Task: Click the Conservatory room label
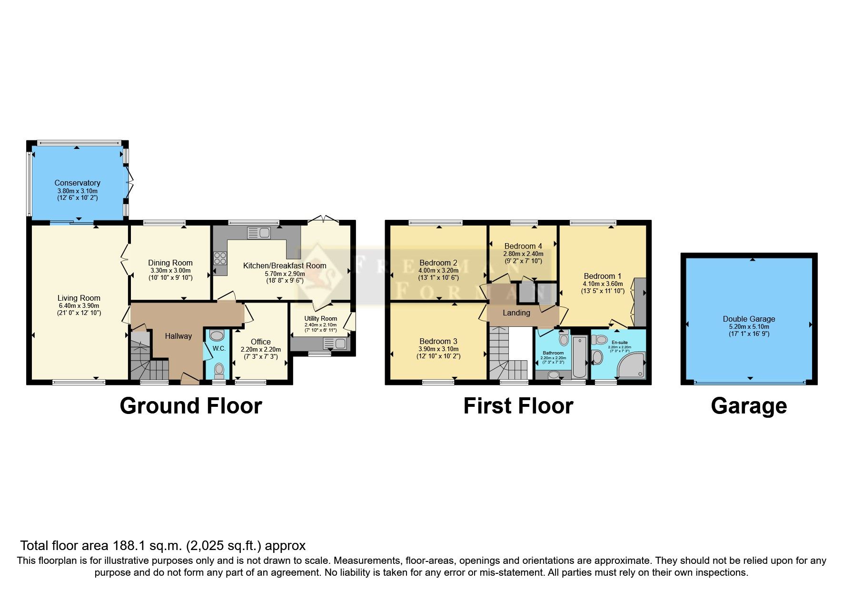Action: (77, 183)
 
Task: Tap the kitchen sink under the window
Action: (259, 233)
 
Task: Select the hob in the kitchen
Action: (220, 258)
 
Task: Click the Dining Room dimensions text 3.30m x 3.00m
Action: (170, 270)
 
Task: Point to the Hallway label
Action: (178, 336)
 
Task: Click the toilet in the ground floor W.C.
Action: (219, 369)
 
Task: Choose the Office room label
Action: (260, 342)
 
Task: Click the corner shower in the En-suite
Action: (633, 365)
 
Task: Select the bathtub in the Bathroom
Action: (579, 356)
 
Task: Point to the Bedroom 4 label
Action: (523, 246)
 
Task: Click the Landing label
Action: (516, 313)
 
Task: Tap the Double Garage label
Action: (749, 319)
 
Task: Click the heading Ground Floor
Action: (191, 406)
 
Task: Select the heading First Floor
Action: (518, 406)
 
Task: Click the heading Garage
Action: (748, 406)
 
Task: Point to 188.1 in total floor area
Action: (128, 545)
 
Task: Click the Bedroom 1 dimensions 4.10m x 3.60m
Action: (602, 284)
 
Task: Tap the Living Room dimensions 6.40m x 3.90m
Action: (79, 305)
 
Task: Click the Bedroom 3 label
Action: (438, 341)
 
